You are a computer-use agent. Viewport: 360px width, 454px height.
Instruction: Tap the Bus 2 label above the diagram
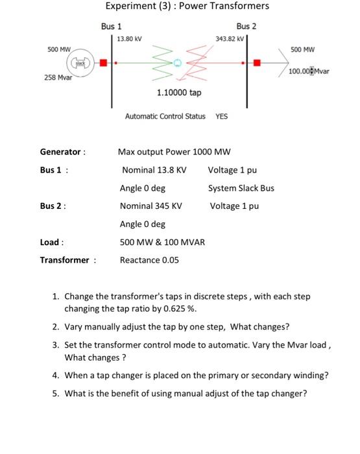(x=246, y=26)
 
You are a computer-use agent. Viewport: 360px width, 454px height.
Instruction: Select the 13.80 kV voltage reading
(x=130, y=39)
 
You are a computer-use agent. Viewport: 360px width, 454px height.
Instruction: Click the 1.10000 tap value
(x=179, y=93)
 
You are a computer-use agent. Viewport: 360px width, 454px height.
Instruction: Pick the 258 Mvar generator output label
(x=58, y=77)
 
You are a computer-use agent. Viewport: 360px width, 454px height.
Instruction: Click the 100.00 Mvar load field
(x=309, y=71)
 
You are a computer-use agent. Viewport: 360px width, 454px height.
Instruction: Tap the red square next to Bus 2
(x=258, y=63)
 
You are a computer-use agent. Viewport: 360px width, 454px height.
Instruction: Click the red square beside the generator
(x=102, y=63)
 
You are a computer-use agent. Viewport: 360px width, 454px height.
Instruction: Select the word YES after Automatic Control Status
(x=222, y=117)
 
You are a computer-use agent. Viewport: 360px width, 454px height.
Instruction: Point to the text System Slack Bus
(x=241, y=188)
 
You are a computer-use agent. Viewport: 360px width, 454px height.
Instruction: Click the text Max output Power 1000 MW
(x=174, y=152)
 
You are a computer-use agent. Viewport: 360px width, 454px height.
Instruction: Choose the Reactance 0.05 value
(x=150, y=260)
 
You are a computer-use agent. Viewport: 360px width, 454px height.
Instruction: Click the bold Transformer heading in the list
(x=65, y=260)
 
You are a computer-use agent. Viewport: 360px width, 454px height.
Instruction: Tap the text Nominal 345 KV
(x=150, y=206)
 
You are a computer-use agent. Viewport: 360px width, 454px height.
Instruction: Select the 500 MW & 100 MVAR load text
(x=162, y=242)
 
